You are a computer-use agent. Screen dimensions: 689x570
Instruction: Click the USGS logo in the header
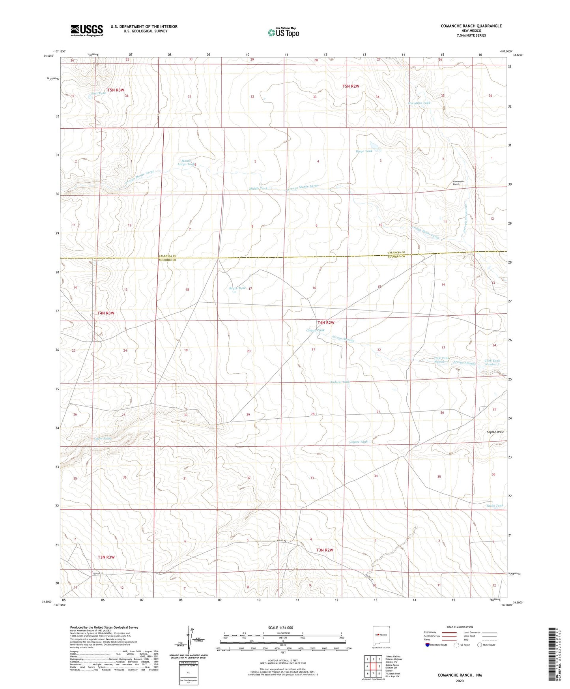[x=87, y=30]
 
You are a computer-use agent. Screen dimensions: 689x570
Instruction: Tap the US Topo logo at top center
[x=283, y=32]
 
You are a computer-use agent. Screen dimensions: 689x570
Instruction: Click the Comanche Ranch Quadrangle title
[x=471, y=26]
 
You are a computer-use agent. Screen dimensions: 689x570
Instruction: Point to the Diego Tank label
[x=364, y=151]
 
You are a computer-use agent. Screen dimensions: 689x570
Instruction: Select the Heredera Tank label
[x=419, y=103]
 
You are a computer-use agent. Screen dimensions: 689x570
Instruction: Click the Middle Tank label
[x=258, y=189]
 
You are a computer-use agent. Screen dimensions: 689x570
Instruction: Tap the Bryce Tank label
[x=237, y=288]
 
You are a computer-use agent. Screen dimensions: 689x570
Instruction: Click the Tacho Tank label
[x=494, y=506]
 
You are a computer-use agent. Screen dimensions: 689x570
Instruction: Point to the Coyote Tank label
[x=358, y=442]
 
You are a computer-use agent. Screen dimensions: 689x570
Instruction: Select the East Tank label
[x=99, y=94]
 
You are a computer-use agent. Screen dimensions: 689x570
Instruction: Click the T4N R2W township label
[x=325, y=322]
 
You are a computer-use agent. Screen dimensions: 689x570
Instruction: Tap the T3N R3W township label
[x=106, y=557]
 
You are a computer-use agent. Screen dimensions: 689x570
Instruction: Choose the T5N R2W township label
[x=350, y=86]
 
